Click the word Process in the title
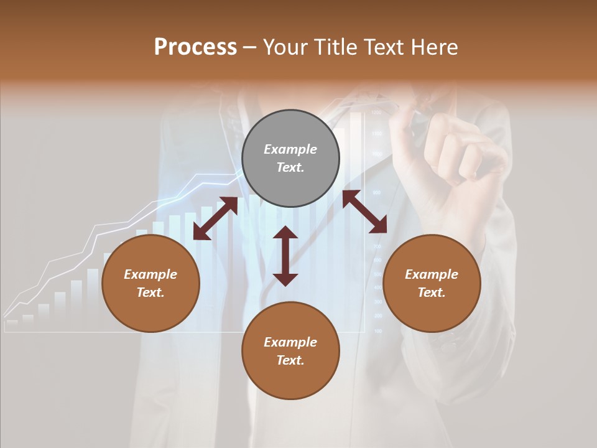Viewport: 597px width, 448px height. tap(195, 47)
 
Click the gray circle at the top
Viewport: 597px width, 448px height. tap(290, 159)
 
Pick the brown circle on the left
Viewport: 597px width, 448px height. tap(150, 284)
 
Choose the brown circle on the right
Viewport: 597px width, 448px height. tap(432, 284)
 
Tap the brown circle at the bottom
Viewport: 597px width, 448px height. tap(290, 351)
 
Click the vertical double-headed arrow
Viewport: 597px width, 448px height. tap(285, 256)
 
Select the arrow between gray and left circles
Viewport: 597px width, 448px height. tap(215, 218)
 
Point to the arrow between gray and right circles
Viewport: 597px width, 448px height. tap(364, 212)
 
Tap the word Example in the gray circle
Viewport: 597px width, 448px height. tap(290, 149)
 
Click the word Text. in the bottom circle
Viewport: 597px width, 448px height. tap(290, 360)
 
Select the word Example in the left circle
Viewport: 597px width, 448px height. tap(150, 274)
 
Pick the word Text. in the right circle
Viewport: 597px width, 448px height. tap(432, 292)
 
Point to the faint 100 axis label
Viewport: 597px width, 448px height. tap(377, 331)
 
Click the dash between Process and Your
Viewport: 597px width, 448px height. tap(250, 47)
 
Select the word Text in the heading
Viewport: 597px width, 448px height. tap(382, 47)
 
